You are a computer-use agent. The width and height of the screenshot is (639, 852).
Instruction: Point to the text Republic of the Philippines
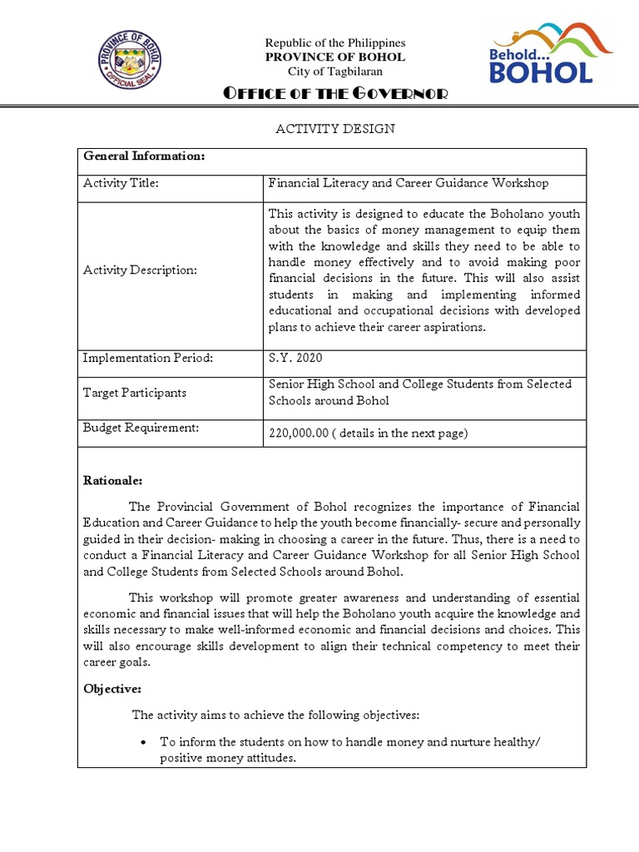point(334,42)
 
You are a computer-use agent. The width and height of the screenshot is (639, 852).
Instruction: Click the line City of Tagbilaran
point(334,72)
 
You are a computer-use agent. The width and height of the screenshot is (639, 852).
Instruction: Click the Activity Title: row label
point(121,184)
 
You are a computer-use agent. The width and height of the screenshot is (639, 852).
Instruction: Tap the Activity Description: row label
point(140,270)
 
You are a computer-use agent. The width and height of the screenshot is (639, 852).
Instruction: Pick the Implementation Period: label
point(148,358)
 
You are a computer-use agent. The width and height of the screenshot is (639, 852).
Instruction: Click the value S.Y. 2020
point(295,358)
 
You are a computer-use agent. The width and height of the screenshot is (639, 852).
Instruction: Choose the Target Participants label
point(134,392)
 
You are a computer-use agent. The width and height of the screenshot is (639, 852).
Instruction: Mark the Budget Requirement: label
point(141,427)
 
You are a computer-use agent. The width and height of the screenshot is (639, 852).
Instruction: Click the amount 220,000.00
point(299,433)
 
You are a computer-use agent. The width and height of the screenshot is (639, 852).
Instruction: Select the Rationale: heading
point(113,480)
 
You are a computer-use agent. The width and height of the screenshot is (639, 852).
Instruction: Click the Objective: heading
point(112,690)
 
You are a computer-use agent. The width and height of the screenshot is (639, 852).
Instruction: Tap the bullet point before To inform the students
point(145,742)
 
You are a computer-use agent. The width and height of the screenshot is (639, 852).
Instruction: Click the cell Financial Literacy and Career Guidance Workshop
point(408,183)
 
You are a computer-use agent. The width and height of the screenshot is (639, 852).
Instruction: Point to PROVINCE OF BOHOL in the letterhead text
point(334,57)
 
